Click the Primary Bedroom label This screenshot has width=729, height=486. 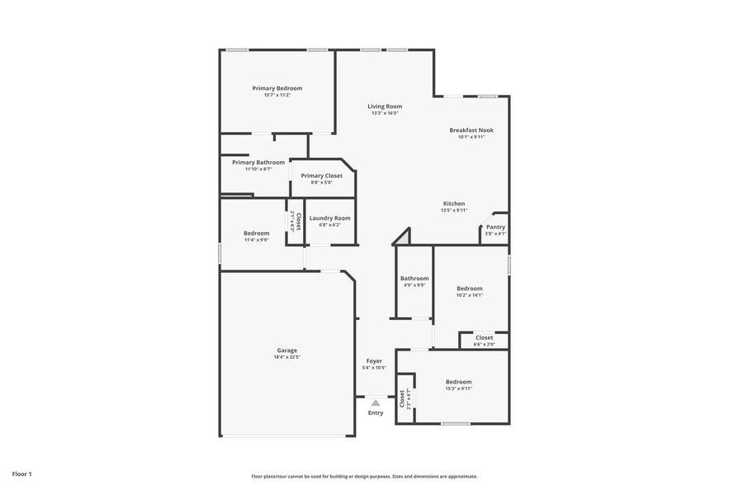click(277, 88)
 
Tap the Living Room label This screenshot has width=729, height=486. click(385, 107)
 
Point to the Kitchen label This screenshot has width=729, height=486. click(454, 203)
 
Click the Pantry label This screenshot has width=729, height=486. click(495, 227)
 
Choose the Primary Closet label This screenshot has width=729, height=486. click(321, 176)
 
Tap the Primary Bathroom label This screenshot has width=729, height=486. click(258, 163)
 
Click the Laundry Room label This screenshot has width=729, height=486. click(329, 218)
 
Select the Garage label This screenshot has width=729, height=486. click(286, 350)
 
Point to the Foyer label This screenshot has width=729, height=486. click(374, 361)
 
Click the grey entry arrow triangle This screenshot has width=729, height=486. click(376, 403)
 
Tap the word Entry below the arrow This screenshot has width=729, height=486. click(376, 412)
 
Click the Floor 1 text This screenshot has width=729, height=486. click(21, 474)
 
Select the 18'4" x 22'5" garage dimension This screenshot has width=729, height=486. click(286, 357)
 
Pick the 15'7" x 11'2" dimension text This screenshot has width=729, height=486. click(277, 95)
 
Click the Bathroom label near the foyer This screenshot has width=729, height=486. click(414, 279)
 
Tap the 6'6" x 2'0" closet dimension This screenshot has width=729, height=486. click(484, 344)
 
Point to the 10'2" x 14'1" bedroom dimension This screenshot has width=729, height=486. click(470, 295)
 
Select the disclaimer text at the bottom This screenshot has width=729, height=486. click(364, 476)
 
